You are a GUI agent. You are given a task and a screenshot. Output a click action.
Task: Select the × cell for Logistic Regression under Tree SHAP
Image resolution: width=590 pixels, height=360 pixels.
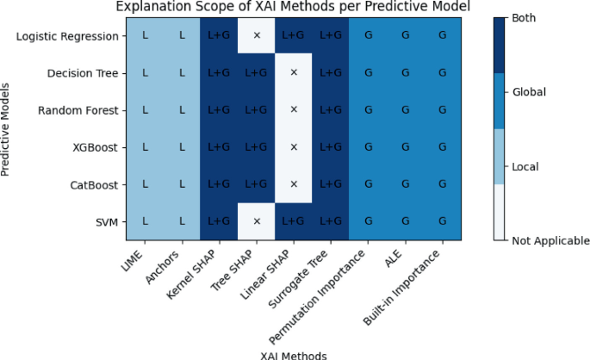click(x=257, y=36)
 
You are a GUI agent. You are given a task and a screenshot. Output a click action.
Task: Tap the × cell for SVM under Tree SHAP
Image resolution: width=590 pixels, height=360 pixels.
click(x=257, y=221)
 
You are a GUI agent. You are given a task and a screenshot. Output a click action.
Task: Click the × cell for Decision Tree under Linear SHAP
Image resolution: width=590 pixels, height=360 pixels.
click(x=294, y=73)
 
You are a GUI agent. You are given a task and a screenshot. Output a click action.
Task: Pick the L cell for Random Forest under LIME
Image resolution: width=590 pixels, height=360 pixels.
click(x=145, y=110)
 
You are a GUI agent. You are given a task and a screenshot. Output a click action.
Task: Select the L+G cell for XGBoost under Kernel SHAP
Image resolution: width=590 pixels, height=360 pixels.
click(x=220, y=147)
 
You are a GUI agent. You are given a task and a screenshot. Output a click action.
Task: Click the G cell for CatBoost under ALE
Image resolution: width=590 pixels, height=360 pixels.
click(x=406, y=184)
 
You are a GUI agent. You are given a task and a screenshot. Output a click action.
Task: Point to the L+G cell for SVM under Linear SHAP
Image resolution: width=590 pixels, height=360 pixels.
click(x=294, y=221)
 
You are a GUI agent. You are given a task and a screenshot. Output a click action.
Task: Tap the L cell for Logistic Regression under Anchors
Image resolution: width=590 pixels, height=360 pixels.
click(x=182, y=36)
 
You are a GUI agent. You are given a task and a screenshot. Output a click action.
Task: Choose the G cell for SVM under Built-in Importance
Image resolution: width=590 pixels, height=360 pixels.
click(x=443, y=221)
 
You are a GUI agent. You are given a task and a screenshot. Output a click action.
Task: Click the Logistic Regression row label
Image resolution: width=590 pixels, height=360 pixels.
click(x=67, y=36)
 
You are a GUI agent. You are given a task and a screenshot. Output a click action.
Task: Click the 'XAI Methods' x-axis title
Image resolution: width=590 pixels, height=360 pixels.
click(x=294, y=353)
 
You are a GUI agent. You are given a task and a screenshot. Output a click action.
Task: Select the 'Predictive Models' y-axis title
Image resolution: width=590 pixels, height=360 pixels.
click(x=7, y=129)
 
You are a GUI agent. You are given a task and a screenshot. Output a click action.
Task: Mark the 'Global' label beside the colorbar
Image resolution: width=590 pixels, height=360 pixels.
click(x=529, y=92)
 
